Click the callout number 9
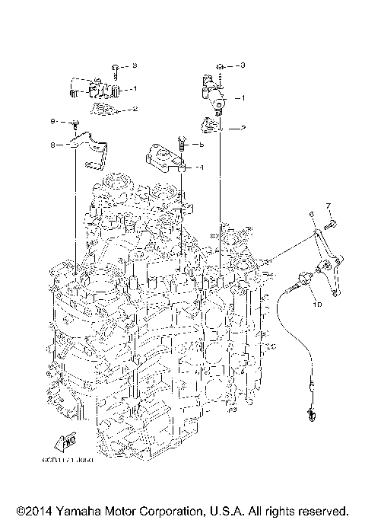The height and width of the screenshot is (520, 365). pyautogui.click(x=53, y=122)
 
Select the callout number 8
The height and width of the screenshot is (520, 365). pyautogui.click(x=53, y=144)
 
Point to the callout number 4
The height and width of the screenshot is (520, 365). pyautogui.click(x=201, y=166)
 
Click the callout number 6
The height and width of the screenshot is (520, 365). pyautogui.click(x=312, y=215)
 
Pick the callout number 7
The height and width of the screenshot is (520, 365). pyautogui.click(x=328, y=206)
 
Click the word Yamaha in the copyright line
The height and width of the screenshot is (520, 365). pyautogui.click(x=91, y=510)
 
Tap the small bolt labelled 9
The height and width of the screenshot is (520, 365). pyautogui.click(x=75, y=123)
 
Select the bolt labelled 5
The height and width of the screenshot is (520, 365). pyautogui.click(x=182, y=142)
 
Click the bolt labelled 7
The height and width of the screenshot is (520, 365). pyautogui.click(x=331, y=224)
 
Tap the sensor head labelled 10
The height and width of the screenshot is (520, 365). pyautogui.click(x=304, y=279)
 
